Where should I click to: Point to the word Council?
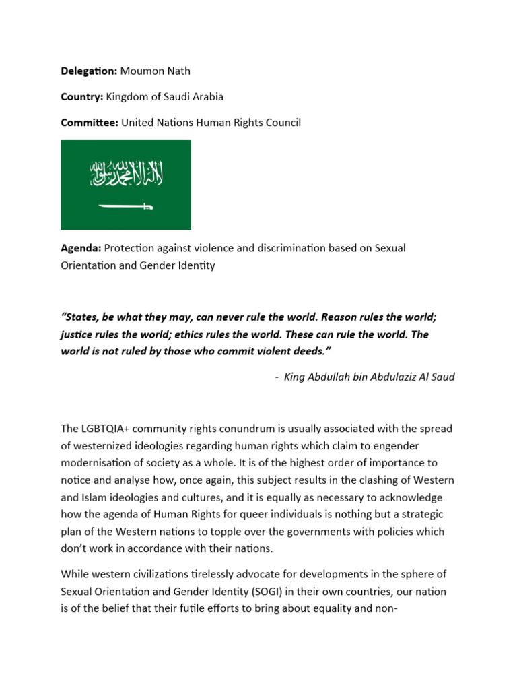(283, 122)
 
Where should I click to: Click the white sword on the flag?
(126, 206)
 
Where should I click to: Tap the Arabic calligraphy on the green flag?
(126, 175)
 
